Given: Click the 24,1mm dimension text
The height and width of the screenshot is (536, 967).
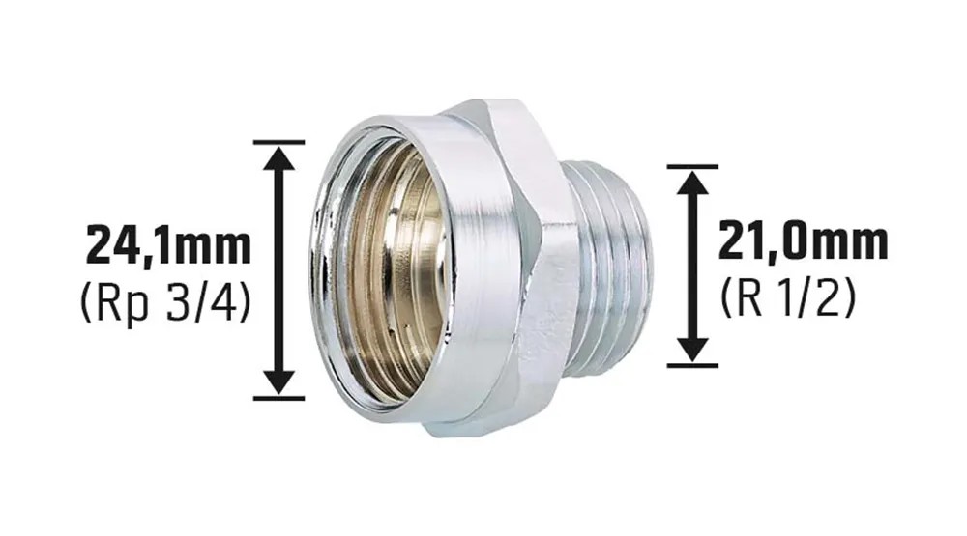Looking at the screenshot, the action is [x=168, y=246].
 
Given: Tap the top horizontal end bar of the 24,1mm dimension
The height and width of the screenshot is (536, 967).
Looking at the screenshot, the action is [x=279, y=142].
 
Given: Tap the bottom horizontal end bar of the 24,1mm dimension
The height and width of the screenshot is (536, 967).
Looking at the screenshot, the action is [x=279, y=398].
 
